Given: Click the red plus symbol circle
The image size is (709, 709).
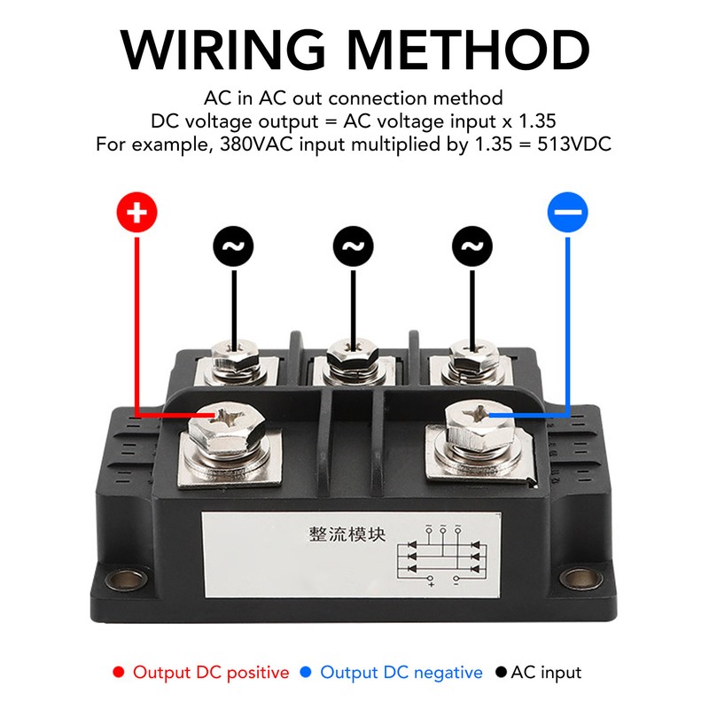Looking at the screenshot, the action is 136,213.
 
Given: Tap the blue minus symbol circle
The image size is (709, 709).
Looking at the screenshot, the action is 568,213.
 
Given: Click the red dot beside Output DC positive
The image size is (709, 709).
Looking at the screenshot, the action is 119,673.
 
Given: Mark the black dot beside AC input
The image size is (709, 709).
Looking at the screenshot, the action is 501,673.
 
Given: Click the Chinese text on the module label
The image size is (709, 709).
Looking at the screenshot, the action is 348,534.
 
